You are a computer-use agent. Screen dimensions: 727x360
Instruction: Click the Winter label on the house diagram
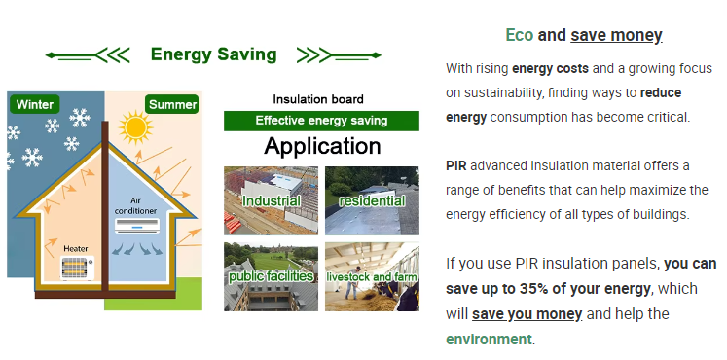[x=35, y=104]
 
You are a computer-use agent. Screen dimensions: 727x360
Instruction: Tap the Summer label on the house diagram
[x=172, y=104]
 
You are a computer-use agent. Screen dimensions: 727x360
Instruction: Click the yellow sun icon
[x=135, y=126]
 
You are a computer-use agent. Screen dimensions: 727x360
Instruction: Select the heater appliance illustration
[x=77, y=268]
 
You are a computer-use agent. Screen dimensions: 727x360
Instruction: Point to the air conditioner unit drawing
[x=137, y=226]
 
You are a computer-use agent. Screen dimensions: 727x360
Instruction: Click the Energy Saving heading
[x=214, y=54]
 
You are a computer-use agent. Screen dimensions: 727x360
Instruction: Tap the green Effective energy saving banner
[x=321, y=121]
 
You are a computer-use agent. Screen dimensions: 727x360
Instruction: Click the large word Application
[x=323, y=146]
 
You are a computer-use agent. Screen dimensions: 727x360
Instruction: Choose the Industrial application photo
[x=271, y=200]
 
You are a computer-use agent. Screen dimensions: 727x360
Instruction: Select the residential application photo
[x=372, y=200]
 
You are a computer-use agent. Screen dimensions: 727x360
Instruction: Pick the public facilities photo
[x=271, y=276]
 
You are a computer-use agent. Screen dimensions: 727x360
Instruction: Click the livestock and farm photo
[x=372, y=276]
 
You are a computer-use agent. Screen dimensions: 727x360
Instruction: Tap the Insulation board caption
[x=318, y=99]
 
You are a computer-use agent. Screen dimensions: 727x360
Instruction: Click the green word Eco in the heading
[x=520, y=35]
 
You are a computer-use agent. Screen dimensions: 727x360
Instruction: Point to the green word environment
[x=489, y=340]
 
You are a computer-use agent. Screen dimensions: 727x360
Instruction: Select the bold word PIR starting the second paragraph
[x=456, y=165]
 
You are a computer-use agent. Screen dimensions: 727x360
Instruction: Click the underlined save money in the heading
[x=616, y=35]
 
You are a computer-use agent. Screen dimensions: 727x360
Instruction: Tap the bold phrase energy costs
[x=550, y=69]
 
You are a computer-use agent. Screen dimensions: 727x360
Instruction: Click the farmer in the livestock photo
[x=355, y=282]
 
